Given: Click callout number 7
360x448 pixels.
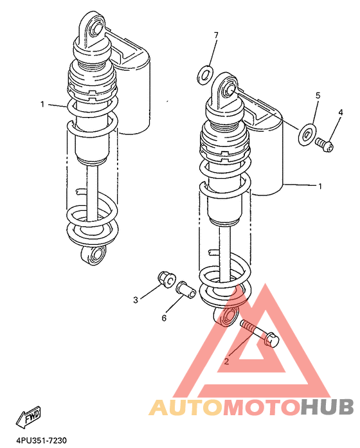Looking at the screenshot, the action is click(x=216, y=35).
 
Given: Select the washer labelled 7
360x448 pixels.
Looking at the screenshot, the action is click(x=205, y=75).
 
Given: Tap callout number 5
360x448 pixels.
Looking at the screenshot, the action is click(x=318, y=95).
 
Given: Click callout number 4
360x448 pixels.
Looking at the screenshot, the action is click(x=340, y=112).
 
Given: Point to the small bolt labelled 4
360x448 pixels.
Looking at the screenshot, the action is click(x=325, y=145).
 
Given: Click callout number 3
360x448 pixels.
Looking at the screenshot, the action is click(x=136, y=300).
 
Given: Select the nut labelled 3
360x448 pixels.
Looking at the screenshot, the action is click(x=166, y=279).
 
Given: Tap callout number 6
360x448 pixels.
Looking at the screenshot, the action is click(x=164, y=318).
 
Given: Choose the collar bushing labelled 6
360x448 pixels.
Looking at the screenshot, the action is click(x=186, y=289).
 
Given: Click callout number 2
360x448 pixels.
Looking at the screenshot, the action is click(x=226, y=361).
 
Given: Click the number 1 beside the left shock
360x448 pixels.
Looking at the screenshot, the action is click(x=42, y=104).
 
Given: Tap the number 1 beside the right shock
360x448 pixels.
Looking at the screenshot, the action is click(x=320, y=186).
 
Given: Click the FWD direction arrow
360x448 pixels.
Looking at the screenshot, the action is click(x=28, y=417).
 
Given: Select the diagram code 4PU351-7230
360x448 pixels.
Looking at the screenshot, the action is click(x=41, y=440).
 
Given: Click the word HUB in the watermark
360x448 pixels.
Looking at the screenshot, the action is click(x=327, y=407).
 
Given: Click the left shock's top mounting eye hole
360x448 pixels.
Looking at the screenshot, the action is click(x=97, y=28).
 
